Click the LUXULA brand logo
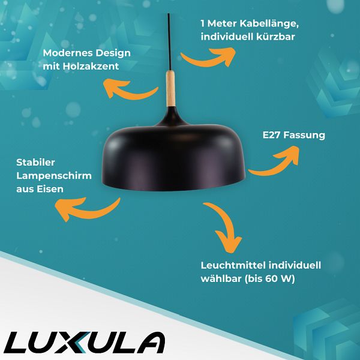[85, 343]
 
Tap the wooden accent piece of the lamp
[170, 89]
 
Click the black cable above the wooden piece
[169, 42]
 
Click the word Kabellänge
[269, 23]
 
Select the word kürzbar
[275, 37]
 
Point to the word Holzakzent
[91, 67]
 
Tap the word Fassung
[304, 136]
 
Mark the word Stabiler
[35, 163]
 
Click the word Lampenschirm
[54, 176]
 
